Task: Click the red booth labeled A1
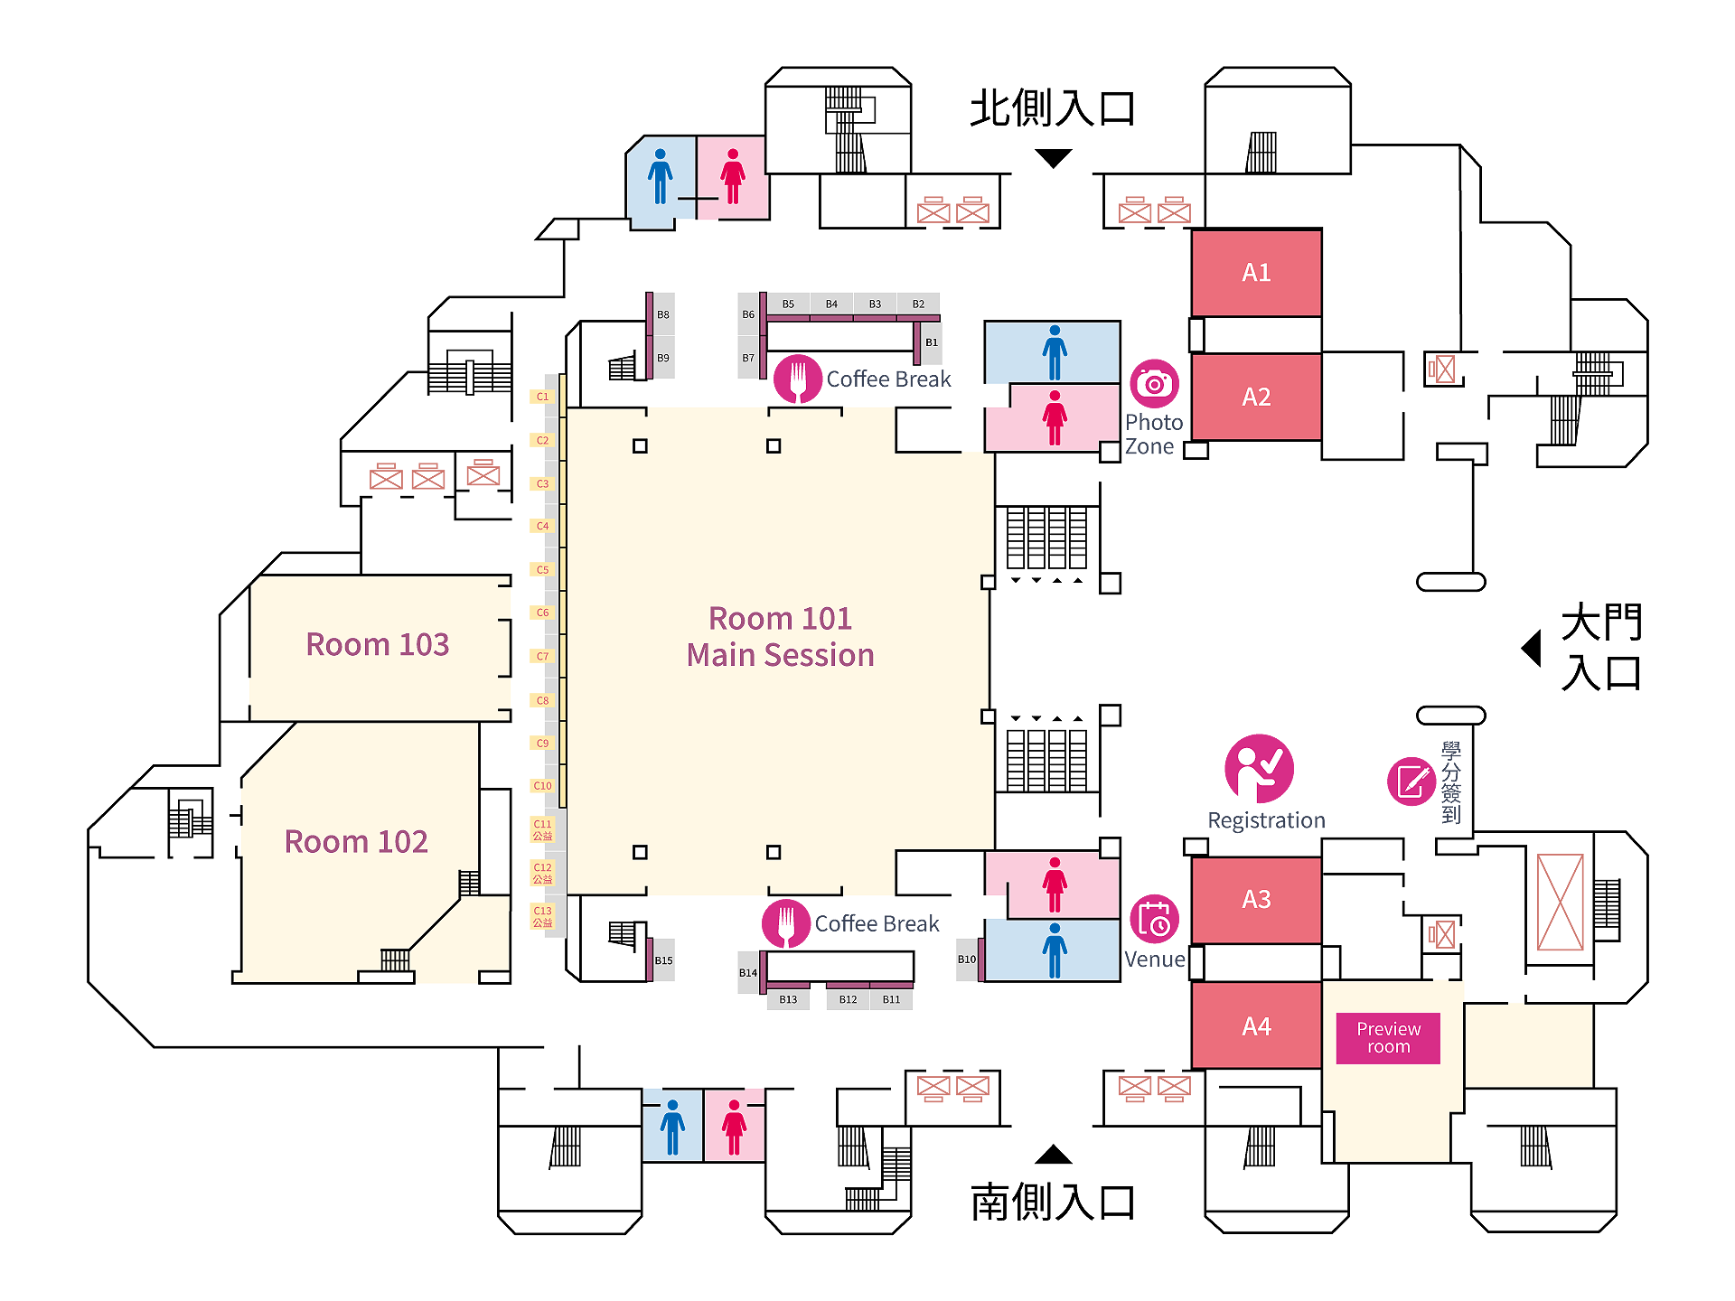[x=1256, y=272]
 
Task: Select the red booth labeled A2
[x=1256, y=397]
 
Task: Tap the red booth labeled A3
[x=1256, y=899]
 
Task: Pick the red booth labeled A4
[x=1256, y=1025]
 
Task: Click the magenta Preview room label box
[x=1388, y=1038]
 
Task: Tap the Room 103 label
[x=377, y=644]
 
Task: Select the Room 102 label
[x=356, y=841]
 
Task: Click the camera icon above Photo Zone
[x=1154, y=383]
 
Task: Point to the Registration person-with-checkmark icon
[x=1259, y=768]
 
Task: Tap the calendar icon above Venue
[x=1154, y=919]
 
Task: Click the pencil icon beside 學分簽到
[x=1411, y=782]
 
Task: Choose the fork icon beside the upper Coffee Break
[x=798, y=379]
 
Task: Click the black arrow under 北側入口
[x=1053, y=159]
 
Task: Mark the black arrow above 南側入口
[x=1053, y=1155]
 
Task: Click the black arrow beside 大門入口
[x=1532, y=648]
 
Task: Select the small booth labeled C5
[x=542, y=570]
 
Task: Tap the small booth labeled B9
[x=663, y=358]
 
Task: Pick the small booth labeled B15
[x=663, y=960]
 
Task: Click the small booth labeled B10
[x=967, y=959]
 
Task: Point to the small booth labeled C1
[x=542, y=397]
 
